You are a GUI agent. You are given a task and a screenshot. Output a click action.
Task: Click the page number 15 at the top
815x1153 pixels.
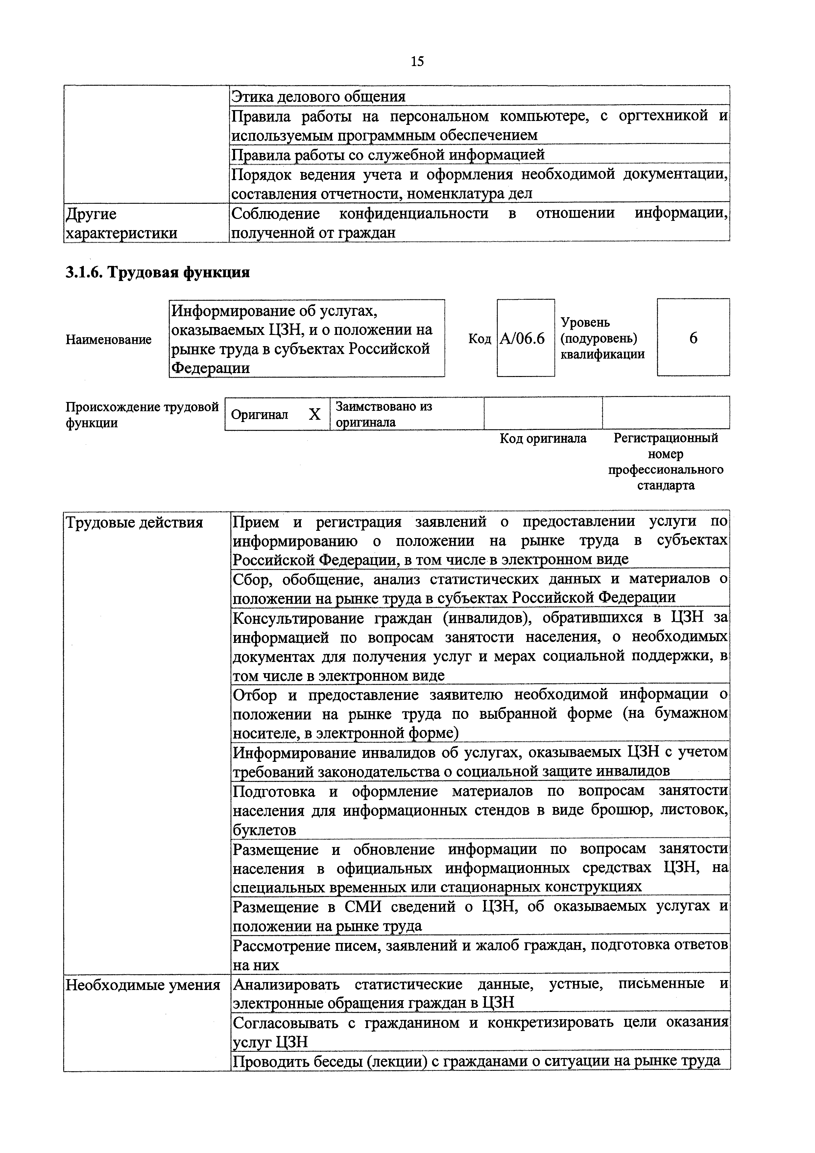(x=417, y=61)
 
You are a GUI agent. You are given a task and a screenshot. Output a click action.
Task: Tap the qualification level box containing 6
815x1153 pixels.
(x=693, y=338)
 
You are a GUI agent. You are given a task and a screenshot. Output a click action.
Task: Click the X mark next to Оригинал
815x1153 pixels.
(x=314, y=414)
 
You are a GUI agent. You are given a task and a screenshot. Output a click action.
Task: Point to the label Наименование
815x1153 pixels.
(x=108, y=340)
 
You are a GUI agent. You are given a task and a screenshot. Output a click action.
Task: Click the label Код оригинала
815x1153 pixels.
(x=543, y=438)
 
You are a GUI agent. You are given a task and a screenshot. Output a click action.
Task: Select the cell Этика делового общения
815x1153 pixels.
(x=318, y=96)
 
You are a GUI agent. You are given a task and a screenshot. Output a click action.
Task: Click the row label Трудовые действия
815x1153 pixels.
(x=134, y=523)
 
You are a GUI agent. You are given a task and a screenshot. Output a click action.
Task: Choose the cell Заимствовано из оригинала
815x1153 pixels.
(x=384, y=414)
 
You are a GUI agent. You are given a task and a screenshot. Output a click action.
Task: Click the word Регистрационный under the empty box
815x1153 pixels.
(x=666, y=438)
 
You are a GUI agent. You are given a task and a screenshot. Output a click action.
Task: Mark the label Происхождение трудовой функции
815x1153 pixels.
(x=142, y=414)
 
